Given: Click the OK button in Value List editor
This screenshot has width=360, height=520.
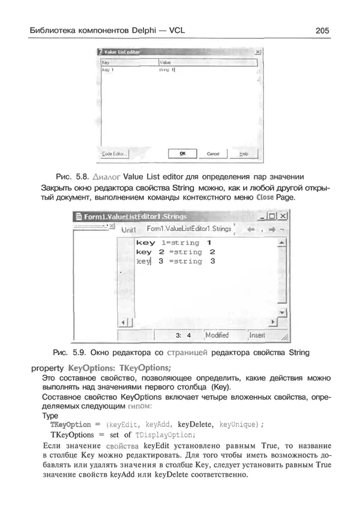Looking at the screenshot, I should click(183, 154).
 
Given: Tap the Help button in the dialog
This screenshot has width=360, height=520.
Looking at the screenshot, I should click(243, 154).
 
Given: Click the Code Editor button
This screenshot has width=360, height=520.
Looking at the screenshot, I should click(114, 154).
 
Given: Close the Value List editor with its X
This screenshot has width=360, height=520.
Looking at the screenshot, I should click(257, 53).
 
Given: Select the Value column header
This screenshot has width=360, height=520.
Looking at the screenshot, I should click(166, 62).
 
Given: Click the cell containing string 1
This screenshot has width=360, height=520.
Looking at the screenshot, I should click(166, 70).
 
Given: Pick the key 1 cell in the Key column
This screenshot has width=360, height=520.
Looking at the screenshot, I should click(109, 70).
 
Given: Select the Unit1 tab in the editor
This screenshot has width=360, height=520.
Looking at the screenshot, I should click(130, 229).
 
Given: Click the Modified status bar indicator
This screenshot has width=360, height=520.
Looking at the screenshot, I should click(217, 335).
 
